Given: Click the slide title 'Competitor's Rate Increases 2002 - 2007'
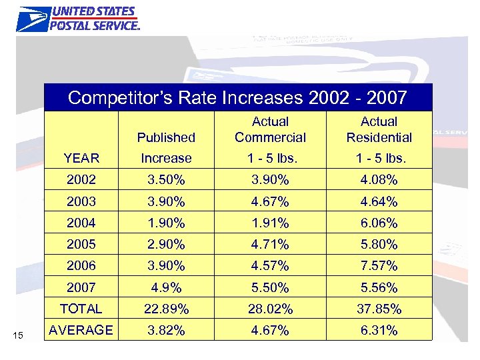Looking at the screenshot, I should [237, 97].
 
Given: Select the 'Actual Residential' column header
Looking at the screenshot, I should [379, 129].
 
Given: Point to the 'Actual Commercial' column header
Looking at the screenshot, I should [270, 129].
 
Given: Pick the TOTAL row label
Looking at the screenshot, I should [81, 309].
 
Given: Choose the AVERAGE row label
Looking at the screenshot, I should [81, 330].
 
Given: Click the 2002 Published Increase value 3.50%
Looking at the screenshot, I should [166, 181].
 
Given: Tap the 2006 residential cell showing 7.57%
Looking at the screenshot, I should [379, 266].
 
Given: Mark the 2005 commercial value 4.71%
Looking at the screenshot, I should [270, 245].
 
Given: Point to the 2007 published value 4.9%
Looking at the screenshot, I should [166, 288].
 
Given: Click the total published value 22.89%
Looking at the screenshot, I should [166, 309].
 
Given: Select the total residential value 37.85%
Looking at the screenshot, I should [379, 309].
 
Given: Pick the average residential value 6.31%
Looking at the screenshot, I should [379, 331].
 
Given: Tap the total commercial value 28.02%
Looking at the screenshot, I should [270, 309].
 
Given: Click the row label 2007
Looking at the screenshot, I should [81, 287].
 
